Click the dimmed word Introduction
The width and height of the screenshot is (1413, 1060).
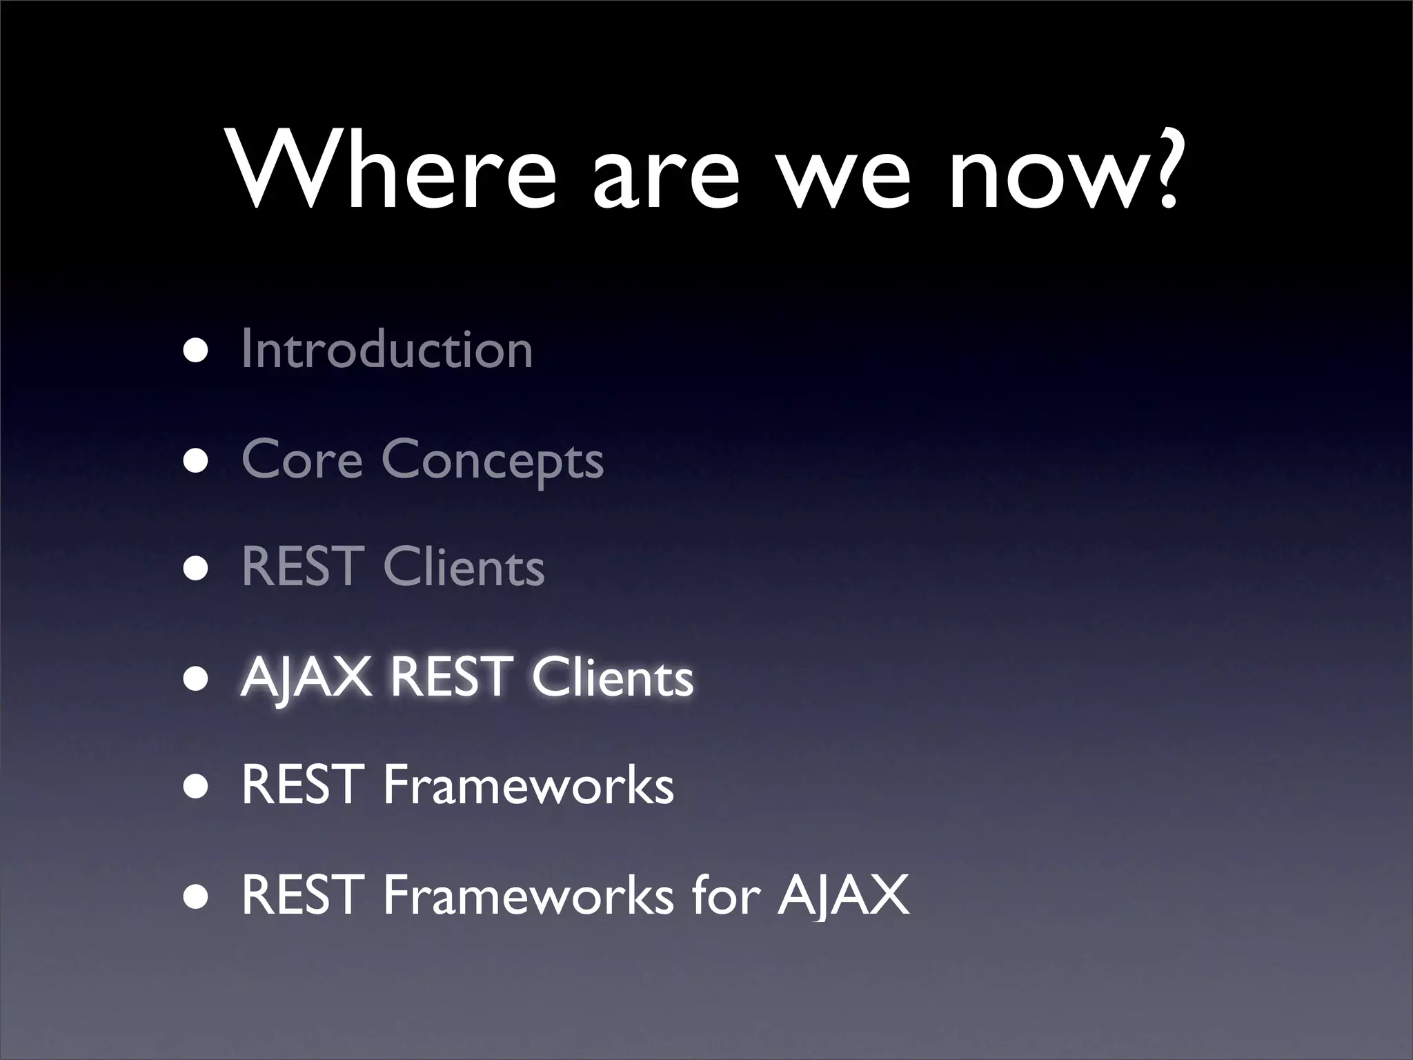click(387, 349)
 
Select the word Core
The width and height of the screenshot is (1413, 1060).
click(302, 460)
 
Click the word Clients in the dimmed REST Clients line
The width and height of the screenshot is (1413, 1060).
click(464, 567)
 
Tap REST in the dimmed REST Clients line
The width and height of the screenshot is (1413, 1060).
click(302, 567)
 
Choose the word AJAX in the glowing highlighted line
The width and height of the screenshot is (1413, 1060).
click(306, 677)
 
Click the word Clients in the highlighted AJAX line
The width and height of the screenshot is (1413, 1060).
click(612, 677)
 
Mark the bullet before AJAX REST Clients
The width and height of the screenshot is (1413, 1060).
click(195, 678)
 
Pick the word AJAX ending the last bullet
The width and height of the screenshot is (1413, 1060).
click(843, 895)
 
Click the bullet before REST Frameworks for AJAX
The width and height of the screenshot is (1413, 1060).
click(195, 896)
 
